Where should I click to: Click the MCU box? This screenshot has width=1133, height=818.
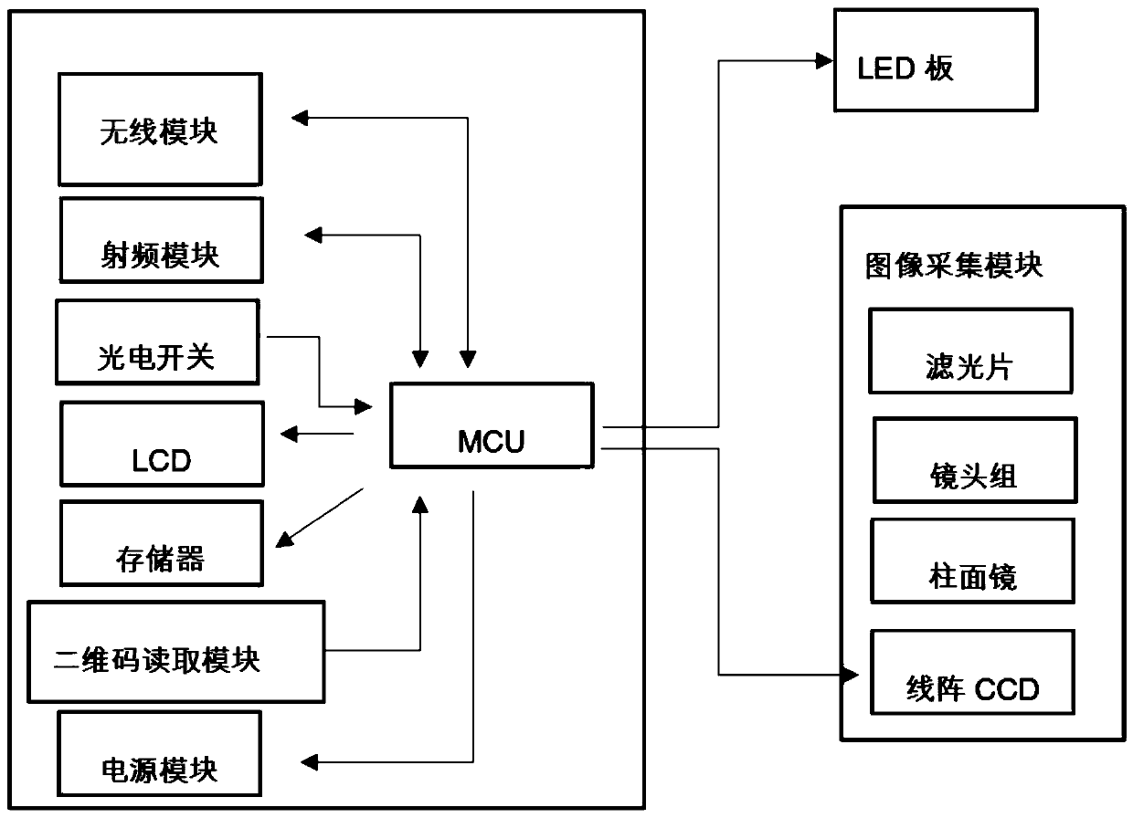[x=492, y=425]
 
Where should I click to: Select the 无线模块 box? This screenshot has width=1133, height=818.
[x=160, y=130]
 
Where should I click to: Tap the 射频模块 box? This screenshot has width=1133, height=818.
[x=162, y=240]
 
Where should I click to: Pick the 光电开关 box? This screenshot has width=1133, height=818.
[x=158, y=342]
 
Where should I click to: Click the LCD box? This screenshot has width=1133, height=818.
[x=162, y=444]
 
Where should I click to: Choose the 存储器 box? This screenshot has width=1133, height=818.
[x=162, y=543]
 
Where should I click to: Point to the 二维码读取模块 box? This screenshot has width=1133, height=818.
[x=176, y=652]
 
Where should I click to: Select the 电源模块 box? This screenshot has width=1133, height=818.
[x=159, y=753]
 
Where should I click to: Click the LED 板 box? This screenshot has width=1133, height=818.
[x=937, y=60]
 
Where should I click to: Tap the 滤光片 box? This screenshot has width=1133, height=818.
[x=970, y=351]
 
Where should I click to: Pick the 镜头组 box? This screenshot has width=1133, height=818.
[x=975, y=460]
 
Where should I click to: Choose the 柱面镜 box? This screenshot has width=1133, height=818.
[x=973, y=561]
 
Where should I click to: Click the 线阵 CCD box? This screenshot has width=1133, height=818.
[x=973, y=672]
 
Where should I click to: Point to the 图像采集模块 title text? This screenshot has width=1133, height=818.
[x=954, y=266]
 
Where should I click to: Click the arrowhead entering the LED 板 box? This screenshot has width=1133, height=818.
[x=825, y=61]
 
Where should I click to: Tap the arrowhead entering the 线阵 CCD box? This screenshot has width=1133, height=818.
[x=851, y=675]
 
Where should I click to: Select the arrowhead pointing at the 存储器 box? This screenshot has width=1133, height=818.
[x=284, y=540]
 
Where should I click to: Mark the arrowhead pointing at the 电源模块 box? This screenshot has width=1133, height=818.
[x=310, y=762]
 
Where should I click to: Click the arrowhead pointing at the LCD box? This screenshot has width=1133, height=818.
[x=289, y=434]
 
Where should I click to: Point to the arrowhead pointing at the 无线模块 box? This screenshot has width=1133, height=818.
[x=300, y=118]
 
